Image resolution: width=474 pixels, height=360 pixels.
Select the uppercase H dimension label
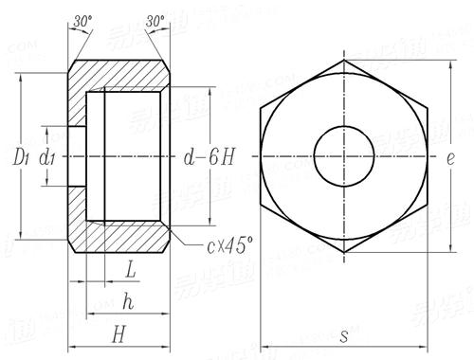(x=118, y=333)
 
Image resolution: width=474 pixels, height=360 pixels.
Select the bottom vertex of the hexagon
(x=344, y=253)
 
